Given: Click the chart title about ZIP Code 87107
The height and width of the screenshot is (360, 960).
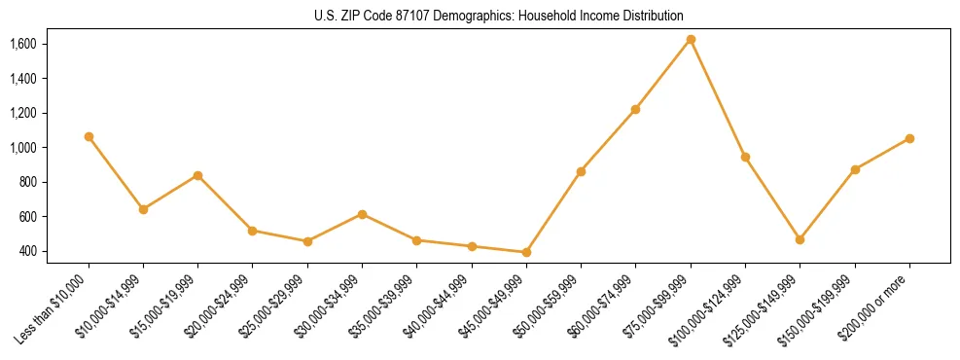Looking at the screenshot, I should click(479, 17).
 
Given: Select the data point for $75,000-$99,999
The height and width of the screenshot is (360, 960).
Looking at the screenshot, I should click(691, 40).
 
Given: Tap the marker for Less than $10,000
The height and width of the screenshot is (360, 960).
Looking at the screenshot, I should click(89, 137).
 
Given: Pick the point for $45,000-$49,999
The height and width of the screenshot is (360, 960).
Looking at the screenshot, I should click(526, 252).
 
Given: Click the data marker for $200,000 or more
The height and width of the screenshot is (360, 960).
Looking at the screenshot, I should click(909, 138).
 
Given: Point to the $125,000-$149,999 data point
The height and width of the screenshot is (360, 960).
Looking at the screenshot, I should click(800, 239).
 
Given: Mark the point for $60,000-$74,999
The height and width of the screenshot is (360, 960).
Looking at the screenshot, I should click(635, 109).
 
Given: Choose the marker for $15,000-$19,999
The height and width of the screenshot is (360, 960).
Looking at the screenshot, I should click(197, 175).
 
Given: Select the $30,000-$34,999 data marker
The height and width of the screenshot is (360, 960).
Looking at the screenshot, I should click(362, 214).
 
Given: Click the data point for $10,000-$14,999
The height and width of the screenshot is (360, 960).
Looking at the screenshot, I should click(143, 209).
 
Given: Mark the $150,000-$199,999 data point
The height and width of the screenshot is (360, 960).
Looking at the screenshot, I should click(855, 169).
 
